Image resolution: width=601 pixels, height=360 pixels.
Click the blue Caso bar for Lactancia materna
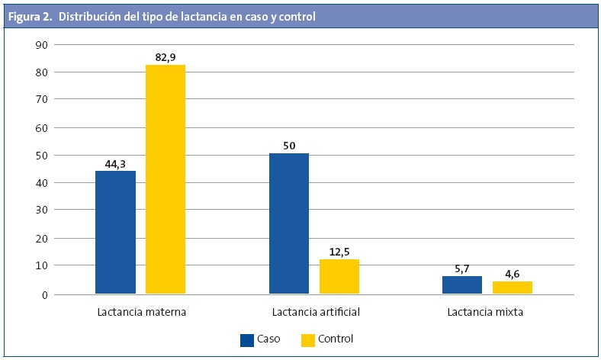[115, 232]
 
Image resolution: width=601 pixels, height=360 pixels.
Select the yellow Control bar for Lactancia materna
[165, 179]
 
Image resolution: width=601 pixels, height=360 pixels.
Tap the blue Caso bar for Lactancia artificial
[289, 223]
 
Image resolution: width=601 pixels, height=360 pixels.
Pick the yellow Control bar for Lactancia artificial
[339, 276]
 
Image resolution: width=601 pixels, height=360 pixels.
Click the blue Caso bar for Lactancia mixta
[462, 284]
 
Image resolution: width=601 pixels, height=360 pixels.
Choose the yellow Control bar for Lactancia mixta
[512, 287]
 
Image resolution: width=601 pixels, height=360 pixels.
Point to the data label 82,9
[165, 56]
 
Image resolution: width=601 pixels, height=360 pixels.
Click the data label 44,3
[115, 162]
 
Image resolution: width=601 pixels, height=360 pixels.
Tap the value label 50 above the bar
[289, 146]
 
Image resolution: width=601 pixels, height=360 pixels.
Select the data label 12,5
[339, 251]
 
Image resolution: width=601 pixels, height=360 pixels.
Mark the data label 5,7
[462, 268]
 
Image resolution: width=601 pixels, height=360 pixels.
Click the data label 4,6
[512, 272]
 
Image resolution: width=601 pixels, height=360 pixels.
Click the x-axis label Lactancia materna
[142, 313]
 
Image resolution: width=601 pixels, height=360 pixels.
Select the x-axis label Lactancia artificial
[316, 313]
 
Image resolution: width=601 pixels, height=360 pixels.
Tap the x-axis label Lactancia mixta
[485, 313]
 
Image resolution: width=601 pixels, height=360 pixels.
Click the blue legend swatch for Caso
[247, 339]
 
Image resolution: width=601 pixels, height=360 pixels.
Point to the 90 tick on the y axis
[42, 44]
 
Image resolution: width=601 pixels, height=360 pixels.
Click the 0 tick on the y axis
[45, 294]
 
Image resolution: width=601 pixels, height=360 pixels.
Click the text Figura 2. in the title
[31, 16]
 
